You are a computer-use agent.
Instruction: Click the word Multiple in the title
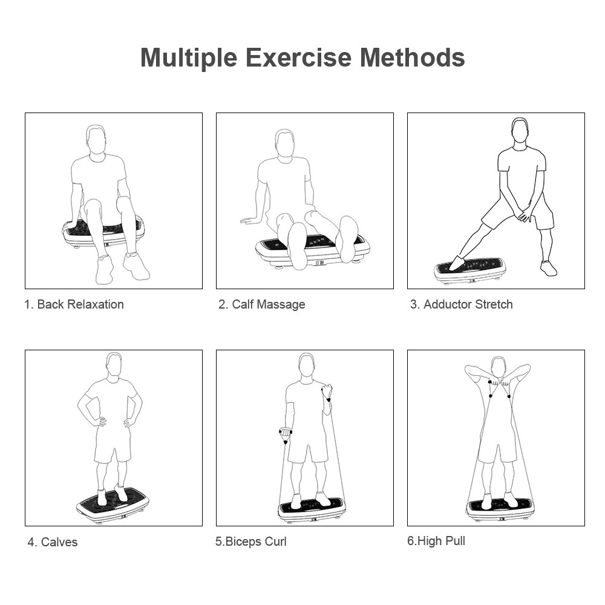point(189,58)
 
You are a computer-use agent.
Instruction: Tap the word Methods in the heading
point(412,57)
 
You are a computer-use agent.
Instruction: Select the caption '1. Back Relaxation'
point(74,304)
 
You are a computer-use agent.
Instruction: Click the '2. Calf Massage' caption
point(261,304)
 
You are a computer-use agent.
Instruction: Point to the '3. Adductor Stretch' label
point(462,304)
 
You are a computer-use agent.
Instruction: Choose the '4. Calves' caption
point(53,542)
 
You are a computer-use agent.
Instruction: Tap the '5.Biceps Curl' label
point(251,541)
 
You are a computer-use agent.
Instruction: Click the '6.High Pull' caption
point(436,541)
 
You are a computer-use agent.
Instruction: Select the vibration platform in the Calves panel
point(113,505)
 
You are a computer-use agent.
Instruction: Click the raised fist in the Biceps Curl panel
point(327,390)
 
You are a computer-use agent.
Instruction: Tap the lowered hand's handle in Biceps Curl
point(285,436)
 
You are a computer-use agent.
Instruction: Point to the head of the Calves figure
point(114,365)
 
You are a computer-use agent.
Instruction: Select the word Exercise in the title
point(299,57)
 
